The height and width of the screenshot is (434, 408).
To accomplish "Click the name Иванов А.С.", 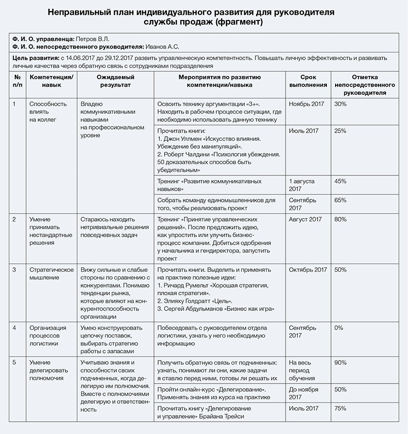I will click(163, 47).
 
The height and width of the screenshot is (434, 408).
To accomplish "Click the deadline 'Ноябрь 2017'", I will click(307, 104).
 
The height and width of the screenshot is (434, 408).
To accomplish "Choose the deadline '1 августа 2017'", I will click(302, 185).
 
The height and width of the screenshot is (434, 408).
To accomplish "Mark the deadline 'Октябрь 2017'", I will click(308, 269).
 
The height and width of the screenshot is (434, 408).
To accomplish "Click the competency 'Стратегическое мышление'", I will click(52, 273).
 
